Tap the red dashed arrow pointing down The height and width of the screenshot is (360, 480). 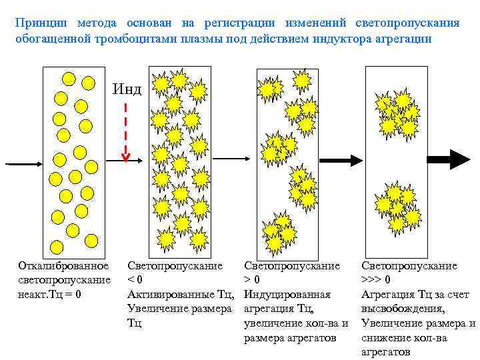[x=125, y=130]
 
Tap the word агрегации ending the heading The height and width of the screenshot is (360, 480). [x=407, y=39]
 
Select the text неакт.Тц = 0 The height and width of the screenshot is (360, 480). [x=49, y=294]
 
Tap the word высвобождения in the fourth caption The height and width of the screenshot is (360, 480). [x=403, y=309]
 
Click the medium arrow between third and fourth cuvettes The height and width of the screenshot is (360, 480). [x=339, y=160]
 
